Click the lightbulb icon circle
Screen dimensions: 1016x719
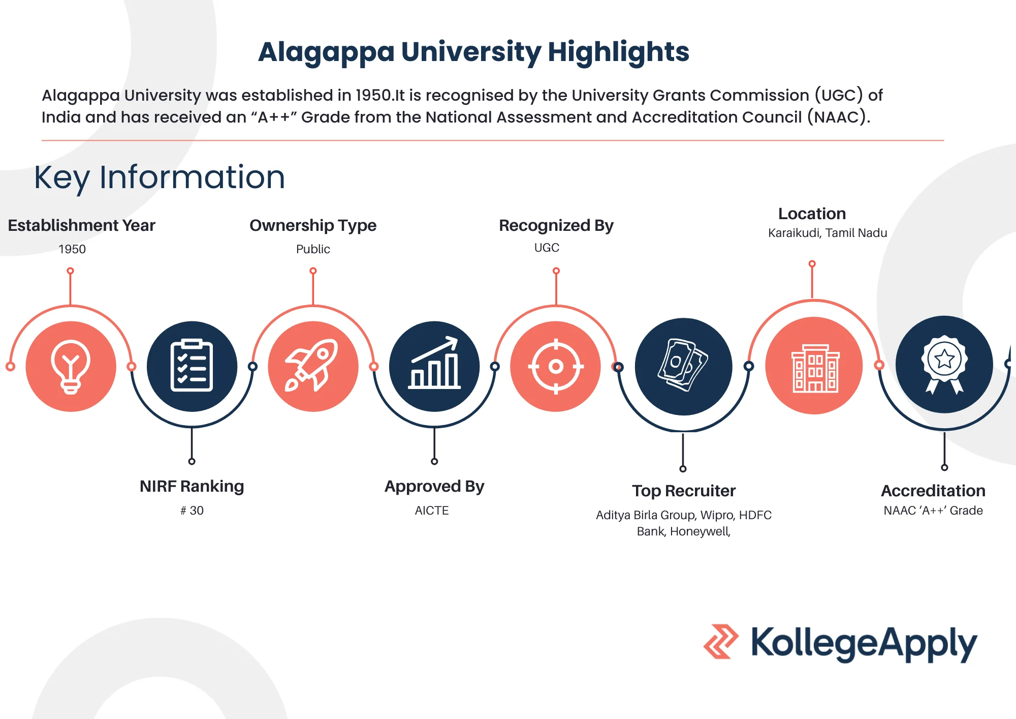[x=71, y=366]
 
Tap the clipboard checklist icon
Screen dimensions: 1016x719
[x=192, y=366]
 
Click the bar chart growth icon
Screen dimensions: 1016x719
[x=434, y=363]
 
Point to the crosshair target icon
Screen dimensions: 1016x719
[x=556, y=366]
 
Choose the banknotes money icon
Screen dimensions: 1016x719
[x=683, y=365]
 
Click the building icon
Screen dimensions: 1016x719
[x=815, y=368]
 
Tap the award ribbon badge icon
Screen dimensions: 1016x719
[x=944, y=365]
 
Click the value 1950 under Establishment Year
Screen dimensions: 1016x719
[x=72, y=249]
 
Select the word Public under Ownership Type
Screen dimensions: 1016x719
[x=313, y=249]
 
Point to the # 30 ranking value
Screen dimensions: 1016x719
[x=192, y=511]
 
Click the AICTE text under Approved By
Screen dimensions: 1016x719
[x=432, y=511]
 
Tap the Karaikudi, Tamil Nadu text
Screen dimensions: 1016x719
[x=828, y=233]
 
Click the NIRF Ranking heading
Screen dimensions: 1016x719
[x=192, y=487]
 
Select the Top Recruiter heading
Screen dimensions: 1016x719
[x=684, y=491]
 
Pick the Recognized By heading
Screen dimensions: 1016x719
[x=556, y=226]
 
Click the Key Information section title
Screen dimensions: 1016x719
[x=160, y=177]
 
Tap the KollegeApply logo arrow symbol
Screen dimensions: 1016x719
[x=721, y=642]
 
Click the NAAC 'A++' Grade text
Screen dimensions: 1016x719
[x=933, y=511]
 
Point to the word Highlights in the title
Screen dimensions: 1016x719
[x=618, y=52]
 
